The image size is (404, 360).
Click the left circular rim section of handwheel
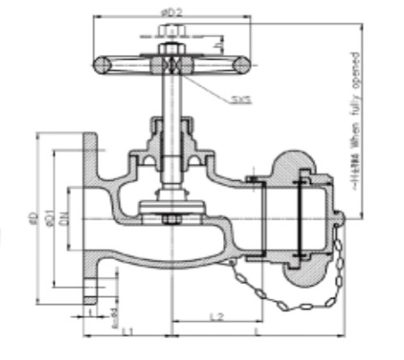pos(103,65)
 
